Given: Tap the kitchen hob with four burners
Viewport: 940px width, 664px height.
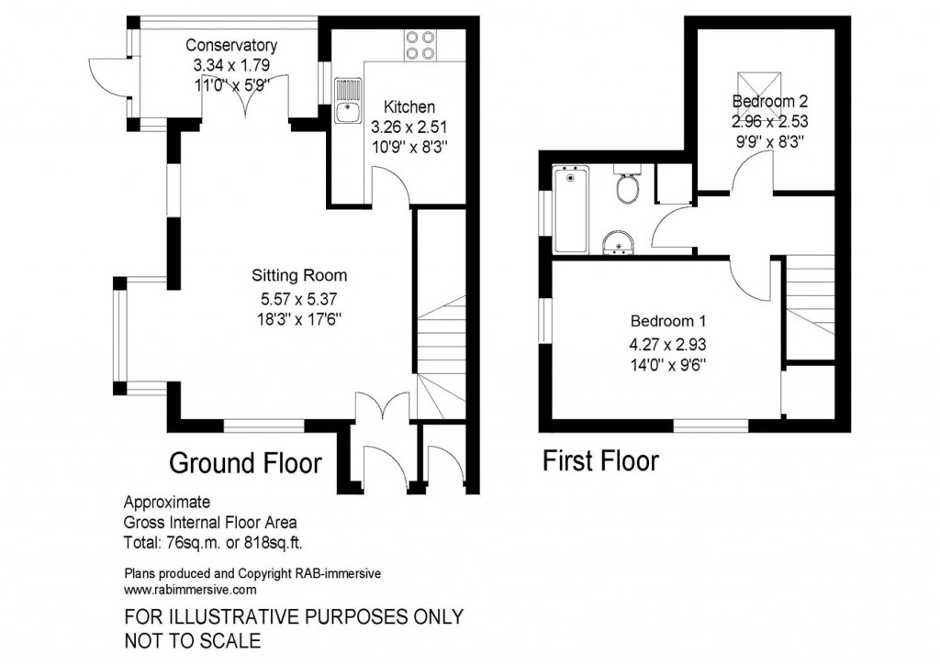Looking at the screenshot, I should click(420, 45).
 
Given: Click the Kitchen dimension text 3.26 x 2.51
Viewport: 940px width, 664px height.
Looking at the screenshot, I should click(409, 126).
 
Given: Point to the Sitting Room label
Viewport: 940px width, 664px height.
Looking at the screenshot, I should click(300, 274).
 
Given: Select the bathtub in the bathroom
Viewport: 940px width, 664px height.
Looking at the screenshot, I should click(571, 211).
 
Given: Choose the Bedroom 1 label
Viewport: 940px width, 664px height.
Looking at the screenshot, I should click(667, 322).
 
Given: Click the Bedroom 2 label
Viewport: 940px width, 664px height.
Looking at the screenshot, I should click(769, 101).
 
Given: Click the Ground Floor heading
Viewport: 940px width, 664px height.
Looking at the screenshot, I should click(245, 463).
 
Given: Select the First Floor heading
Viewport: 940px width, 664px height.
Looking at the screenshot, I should click(600, 460).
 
